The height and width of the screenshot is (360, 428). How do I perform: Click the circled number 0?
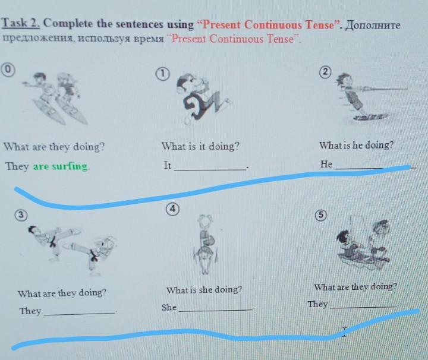coord(8,70)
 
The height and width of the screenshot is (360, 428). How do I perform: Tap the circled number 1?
coord(162,74)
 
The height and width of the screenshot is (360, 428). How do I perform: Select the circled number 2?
coord(325,72)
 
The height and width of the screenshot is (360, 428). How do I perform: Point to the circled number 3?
coord(21,215)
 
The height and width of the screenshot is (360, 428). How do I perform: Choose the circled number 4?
coord(172,210)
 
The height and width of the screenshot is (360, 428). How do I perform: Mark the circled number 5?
coord(321,215)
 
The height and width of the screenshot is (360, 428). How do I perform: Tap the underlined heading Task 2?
coord(21,23)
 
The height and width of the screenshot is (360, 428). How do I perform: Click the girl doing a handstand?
coord(205,244)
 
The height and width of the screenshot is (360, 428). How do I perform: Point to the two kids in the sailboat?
coord(364,243)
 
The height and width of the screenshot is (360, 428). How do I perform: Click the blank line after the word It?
coord(210,170)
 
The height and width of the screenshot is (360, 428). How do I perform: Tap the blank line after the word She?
coord(216,310)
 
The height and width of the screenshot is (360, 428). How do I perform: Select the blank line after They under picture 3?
coord(79,314)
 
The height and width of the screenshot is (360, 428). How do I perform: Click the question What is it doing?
coord(200,146)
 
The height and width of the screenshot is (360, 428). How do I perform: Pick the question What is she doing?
coord(204,290)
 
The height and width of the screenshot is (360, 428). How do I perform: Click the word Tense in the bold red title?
coord(320,25)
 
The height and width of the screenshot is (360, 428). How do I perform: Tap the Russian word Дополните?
coord(373,26)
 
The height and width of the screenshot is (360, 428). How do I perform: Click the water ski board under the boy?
coord(371,117)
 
